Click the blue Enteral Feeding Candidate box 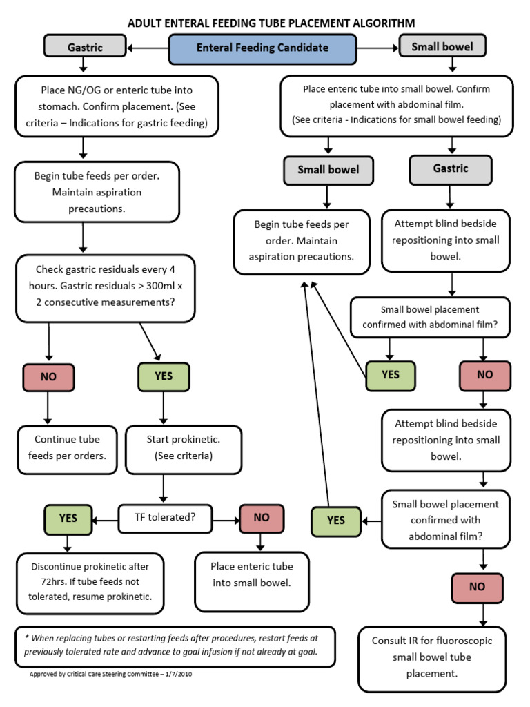[262, 48]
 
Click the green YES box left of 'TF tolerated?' [69, 518]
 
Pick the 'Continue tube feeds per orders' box [67, 448]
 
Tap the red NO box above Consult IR [477, 587]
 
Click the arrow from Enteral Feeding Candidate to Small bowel [377, 48]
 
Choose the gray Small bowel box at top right [442, 47]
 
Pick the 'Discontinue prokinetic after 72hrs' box [90, 581]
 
